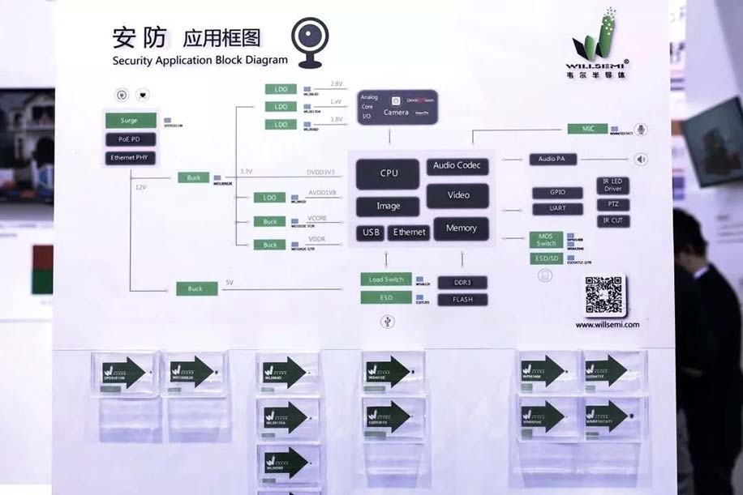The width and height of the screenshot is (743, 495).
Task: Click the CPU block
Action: coord(388,173)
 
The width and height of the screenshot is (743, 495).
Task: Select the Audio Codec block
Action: coord(457,165)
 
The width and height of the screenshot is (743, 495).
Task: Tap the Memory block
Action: coord(461,228)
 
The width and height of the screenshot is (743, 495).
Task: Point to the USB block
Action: coord(371,233)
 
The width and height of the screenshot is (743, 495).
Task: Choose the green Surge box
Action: coord(128,121)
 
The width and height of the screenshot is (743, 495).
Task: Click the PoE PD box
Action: coord(128,139)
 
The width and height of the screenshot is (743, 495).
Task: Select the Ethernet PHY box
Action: coord(128,158)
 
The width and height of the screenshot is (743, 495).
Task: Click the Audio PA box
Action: coord(552,159)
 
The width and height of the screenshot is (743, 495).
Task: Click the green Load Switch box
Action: coord(386,280)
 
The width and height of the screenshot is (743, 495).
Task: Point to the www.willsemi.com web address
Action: coord(608,324)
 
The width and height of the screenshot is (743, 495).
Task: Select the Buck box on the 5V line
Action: coord(195,288)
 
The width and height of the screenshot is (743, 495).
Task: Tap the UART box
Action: coord(558,209)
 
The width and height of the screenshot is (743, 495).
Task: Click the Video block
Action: coord(458,195)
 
